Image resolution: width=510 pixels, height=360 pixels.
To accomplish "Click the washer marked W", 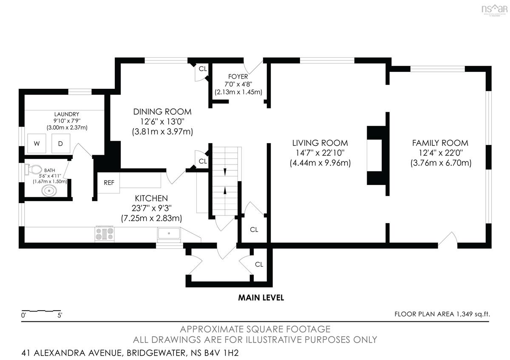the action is (x=37, y=144).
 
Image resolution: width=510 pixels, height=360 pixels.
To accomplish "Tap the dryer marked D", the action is (x=60, y=144).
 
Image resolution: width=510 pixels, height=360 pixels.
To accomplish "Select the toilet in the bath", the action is (x=34, y=170).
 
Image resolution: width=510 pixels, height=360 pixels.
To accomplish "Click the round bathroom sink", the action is (x=49, y=190).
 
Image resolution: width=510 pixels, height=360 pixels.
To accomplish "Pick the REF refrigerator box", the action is (x=109, y=183).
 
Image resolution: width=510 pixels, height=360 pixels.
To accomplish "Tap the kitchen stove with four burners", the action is (x=105, y=234).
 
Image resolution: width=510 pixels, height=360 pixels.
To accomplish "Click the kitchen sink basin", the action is (x=169, y=233).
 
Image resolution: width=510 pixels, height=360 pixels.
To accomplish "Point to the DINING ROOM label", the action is (x=162, y=112).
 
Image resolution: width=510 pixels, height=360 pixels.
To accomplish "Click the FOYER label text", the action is (x=238, y=77).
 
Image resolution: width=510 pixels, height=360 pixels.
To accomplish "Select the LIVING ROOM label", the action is (x=320, y=143).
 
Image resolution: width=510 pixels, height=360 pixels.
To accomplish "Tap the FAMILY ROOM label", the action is (x=440, y=143).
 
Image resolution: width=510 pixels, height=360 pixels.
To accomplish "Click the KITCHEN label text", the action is (x=151, y=198).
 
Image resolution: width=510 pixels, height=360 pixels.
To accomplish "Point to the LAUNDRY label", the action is (x=67, y=114).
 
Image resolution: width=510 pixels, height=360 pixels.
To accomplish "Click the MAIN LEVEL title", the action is (x=261, y=298).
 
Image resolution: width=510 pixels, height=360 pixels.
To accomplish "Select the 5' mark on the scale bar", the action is (x=60, y=315).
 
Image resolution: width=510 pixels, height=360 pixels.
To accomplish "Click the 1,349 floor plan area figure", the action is (x=465, y=314).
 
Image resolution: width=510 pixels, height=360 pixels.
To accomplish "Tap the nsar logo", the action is (x=495, y=10).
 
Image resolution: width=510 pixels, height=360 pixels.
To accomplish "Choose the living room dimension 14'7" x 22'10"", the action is (x=320, y=153).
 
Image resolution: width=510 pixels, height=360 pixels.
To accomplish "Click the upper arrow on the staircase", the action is (x=225, y=172).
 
